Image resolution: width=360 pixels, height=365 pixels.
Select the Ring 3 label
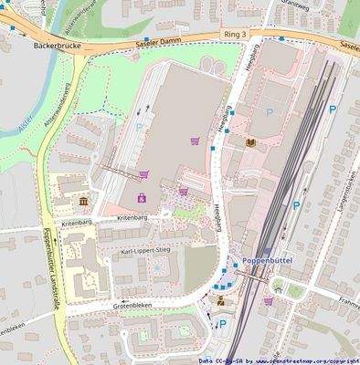coord(235,33)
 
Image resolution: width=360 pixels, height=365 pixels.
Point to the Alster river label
coord(26,133)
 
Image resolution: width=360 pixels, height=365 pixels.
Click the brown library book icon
coord(250,142)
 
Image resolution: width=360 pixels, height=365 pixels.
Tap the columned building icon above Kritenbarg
coord(84,201)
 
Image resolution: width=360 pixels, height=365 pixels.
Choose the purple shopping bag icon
coord(141,198)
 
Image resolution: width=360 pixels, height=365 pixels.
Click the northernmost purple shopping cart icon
coord(194,141)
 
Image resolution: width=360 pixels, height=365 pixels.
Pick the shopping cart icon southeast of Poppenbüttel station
coord(268,300)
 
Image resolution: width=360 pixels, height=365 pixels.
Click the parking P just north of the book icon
coord(269,111)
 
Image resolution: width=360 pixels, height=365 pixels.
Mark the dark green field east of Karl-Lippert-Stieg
coord(201,265)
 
